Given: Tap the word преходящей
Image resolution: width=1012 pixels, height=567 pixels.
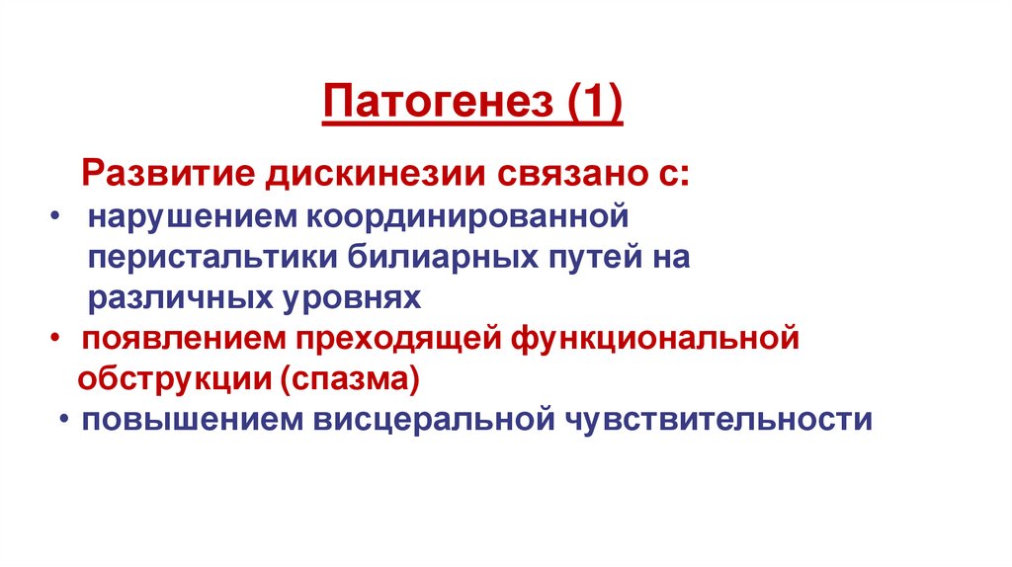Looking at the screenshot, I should (395, 339).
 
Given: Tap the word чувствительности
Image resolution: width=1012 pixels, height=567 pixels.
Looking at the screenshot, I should (718, 420).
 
